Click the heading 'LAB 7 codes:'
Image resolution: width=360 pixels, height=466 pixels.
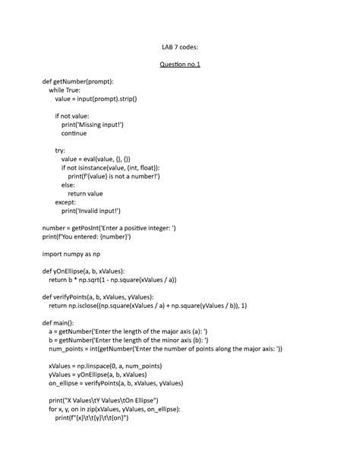tap(179, 47)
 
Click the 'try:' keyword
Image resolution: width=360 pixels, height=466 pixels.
tap(61, 151)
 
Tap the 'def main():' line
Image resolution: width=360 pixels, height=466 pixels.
tap(62, 323)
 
